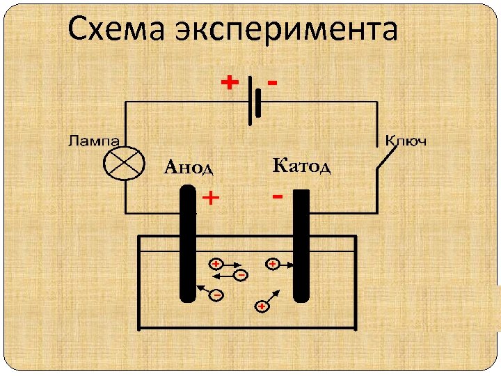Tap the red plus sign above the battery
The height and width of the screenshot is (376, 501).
point(228,83)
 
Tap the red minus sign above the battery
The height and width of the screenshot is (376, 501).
point(273,82)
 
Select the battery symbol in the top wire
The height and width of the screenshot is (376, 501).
point(254,102)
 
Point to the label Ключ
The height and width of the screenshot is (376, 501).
point(406,141)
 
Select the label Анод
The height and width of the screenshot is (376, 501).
point(188,167)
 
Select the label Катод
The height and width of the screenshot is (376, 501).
point(301,166)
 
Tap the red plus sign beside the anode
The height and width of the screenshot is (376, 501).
point(210,199)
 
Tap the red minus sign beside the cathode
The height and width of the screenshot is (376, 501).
point(277,198)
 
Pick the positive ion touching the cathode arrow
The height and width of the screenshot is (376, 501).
point(272,265)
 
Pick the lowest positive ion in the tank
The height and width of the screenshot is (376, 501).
point(262,306)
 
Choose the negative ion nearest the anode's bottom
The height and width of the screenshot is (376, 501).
point(217,295)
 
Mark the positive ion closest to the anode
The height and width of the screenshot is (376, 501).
point(216,265)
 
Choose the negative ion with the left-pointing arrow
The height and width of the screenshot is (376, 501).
point(241,275)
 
